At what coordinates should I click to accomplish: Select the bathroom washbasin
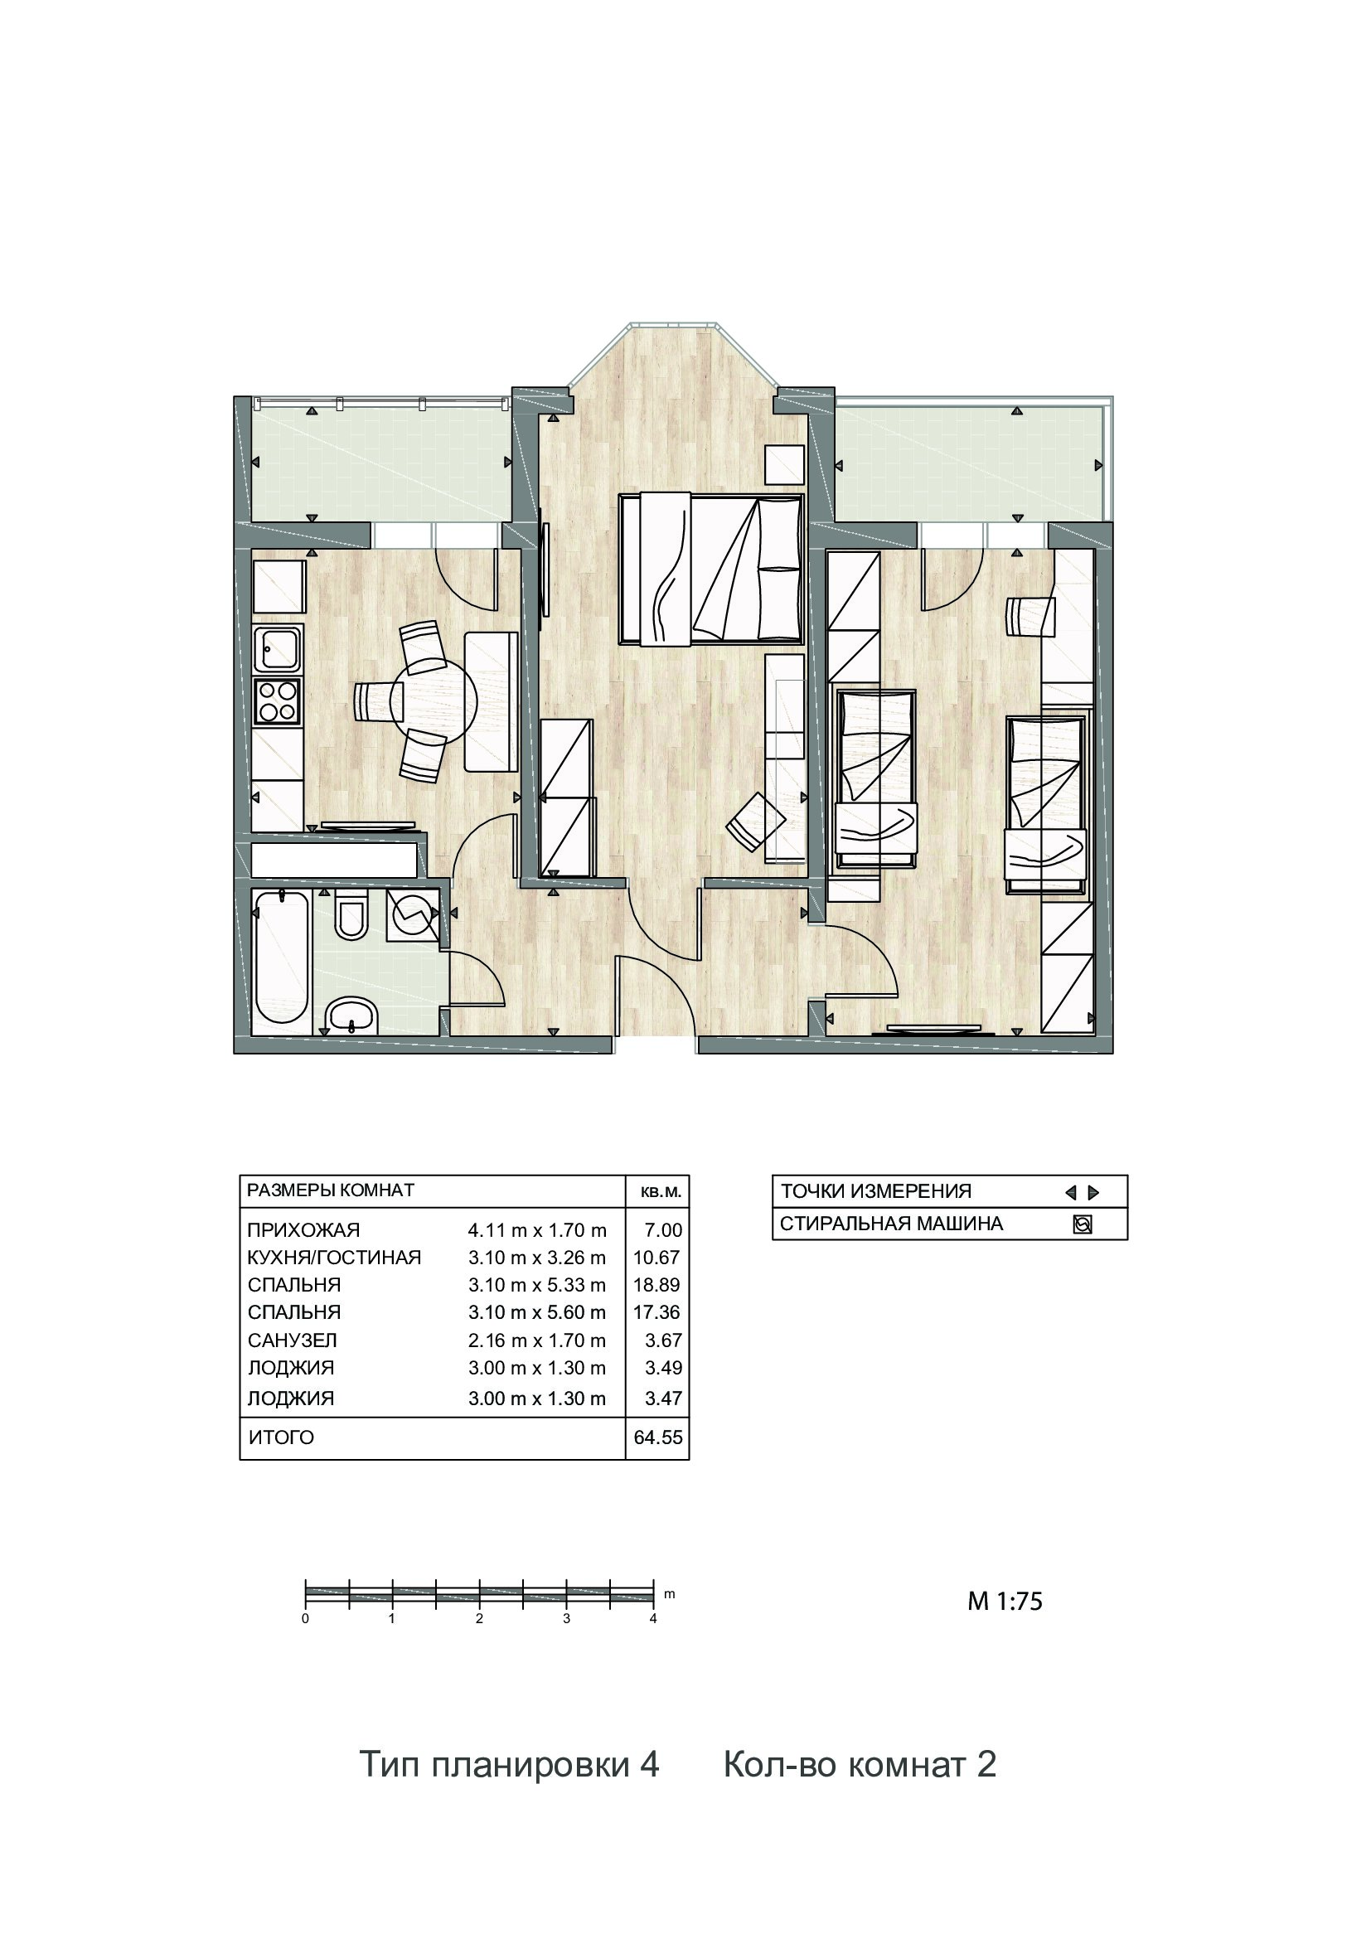coord(351,1016)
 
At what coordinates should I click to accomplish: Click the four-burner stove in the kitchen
coord(278,700)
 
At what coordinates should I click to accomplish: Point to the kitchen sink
coord(278,651)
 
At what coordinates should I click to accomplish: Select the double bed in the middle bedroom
coord(711,571)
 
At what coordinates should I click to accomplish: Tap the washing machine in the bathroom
coord(413,914)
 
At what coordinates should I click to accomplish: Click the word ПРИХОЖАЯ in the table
coord(303,1230)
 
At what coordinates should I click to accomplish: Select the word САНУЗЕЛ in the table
coord(292,1340)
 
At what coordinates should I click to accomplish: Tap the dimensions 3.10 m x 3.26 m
coord(537,1258)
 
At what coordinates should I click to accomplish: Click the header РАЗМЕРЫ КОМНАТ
coord(330,1190)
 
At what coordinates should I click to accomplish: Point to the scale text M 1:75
coord(1005,1602)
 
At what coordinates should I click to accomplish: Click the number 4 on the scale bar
coord(653,1619)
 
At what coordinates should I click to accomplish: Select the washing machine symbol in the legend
coord(1083,1224)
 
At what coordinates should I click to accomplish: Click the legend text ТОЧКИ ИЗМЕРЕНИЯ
coord(875,1191)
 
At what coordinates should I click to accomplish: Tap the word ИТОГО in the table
coord(281,1437)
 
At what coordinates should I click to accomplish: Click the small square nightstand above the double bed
coord(784,464)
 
